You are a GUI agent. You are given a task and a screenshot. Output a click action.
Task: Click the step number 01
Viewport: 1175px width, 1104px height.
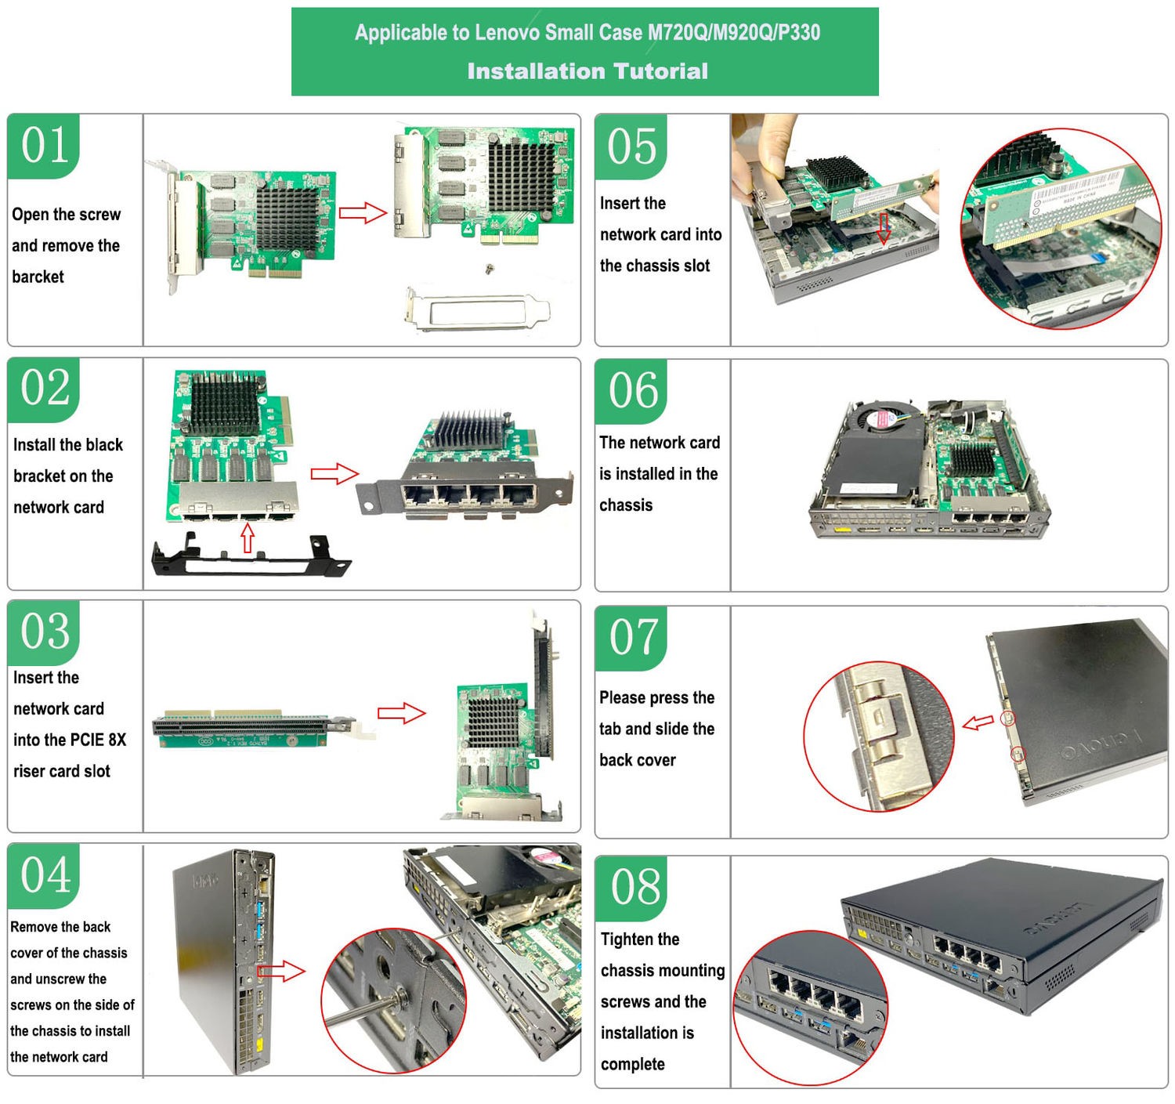tap(45, 145)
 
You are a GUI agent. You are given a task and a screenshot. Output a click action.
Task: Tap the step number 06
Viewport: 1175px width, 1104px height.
tap(633, 390)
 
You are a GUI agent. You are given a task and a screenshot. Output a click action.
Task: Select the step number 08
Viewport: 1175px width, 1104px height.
tap(635, 887)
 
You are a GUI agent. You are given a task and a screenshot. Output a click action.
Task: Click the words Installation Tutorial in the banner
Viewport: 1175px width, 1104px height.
tap(587, 71)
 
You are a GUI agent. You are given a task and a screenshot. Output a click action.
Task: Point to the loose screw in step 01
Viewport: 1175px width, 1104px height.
tap(490, 270)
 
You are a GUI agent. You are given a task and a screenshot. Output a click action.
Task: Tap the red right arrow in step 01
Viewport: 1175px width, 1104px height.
tap(363, 212)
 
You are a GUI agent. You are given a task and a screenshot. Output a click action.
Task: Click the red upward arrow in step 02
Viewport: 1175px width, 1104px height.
tap(248, 539)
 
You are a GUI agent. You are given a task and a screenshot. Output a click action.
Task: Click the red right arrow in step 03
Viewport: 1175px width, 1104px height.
tap(401, 713)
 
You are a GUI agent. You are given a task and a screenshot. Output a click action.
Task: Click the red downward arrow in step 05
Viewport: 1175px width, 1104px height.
tap(884, 229)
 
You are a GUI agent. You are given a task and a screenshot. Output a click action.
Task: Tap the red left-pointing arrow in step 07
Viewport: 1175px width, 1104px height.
tap(978, 722)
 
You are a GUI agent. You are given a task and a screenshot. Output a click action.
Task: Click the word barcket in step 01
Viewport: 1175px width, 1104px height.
tap(38, 277)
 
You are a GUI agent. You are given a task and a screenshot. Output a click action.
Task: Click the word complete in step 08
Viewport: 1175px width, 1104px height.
tap(632, 1064)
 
